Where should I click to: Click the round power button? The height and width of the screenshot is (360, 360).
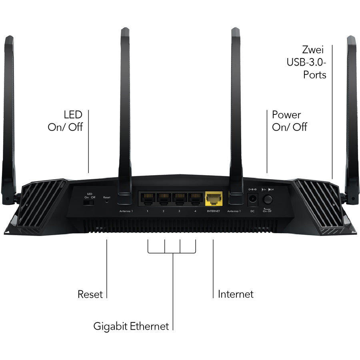pyautogui.click(x=267, y=199)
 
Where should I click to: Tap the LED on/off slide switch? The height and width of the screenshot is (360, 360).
pyautogui.click(x=88, y=203)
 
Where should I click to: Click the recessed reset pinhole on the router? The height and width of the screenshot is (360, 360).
pyautogui.click(x=107, y=202)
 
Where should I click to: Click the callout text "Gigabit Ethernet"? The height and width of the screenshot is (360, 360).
pyautogui.click(x=131, y=326)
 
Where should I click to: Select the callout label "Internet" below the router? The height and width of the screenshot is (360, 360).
pyautogui.click(x=236, y=294)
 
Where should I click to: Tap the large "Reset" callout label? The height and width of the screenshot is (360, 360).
pyautogui.click(x=90, y=294)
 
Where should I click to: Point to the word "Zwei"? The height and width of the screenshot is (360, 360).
pyautogui.click(x=312, y=50)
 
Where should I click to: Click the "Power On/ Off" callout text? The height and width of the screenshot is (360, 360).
pyautogui.click(x=289, y=121)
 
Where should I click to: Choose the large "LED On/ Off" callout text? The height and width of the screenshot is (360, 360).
pyautogui.click(x=65, y=121)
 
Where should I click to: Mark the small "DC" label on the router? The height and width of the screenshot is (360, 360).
pyautogui.click(x=252, y=211)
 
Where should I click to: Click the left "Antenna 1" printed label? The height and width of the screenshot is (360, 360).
pyautogui.click(x=125, y=211)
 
